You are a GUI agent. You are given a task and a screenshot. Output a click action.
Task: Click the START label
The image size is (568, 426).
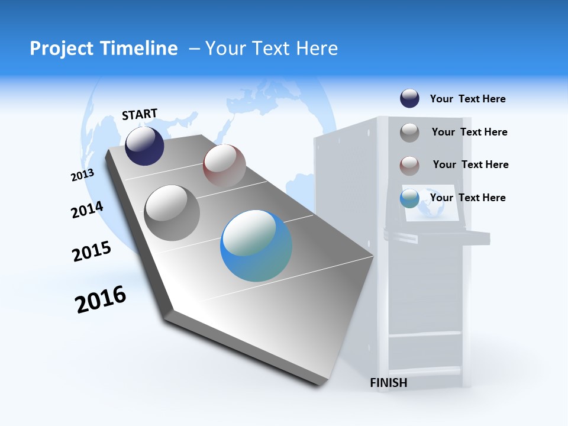coord(140,114)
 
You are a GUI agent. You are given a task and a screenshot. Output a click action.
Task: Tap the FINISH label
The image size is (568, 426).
coord(388,383)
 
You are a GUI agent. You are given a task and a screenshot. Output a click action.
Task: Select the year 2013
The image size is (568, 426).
coord(82,175)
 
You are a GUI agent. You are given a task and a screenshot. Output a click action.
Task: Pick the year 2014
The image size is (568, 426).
coord(87,209)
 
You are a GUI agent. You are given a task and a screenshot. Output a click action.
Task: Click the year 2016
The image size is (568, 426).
coord(101,299)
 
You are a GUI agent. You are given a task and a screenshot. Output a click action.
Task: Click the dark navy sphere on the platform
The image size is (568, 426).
coord(144,146)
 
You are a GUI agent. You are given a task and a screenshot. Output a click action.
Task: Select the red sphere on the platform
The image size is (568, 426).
coord(224,166)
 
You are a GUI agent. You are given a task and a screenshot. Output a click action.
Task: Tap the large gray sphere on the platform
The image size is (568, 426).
coord(172,212)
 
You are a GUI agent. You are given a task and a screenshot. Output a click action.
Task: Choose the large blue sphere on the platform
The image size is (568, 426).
coord(256,246)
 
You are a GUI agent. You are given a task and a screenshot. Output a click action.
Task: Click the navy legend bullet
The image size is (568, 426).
coord(409,99)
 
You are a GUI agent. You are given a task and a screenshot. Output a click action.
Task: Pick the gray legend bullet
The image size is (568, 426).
coord(409,133)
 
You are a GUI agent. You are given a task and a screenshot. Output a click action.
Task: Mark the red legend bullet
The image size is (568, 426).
coord(409,166)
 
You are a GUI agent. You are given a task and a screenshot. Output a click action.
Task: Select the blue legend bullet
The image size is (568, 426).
coord(409,198)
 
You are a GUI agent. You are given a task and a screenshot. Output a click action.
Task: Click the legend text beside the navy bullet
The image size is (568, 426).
coord(467,99)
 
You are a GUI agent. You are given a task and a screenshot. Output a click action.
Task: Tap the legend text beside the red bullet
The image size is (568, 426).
coord(470,164)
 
